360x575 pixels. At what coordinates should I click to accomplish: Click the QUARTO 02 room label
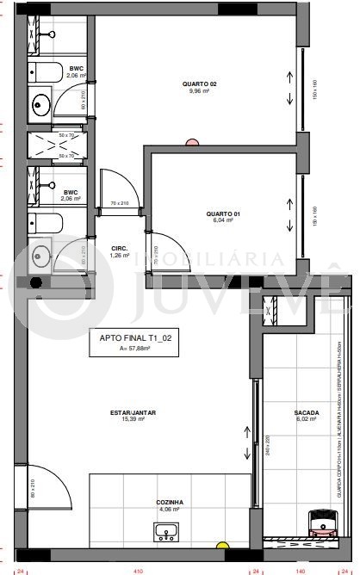pos(199,83)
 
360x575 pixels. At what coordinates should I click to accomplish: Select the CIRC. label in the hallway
pos(120,248)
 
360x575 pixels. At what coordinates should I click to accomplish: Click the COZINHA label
pos(169,501)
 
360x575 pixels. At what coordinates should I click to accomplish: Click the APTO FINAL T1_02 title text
pos(135,338)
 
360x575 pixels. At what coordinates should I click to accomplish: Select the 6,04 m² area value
pos(223,219)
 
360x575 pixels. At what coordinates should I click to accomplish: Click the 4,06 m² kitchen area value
pos(169,509)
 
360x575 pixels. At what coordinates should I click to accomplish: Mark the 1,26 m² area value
pos(120,255)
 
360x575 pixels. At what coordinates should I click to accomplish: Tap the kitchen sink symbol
pos(165,535)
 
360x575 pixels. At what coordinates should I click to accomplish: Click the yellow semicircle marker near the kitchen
pos(222,545)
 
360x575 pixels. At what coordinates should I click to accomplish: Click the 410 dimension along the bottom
pos(137,570)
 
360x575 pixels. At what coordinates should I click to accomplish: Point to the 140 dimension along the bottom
pos(301,570)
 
